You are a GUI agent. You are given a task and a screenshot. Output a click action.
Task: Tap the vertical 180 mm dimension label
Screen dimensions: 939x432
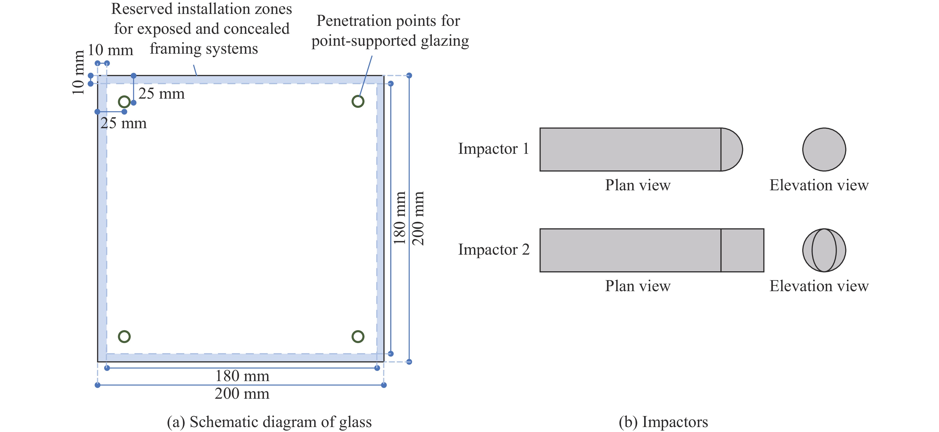pos(400,218)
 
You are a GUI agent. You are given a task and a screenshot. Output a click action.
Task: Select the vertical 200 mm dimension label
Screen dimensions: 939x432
pos(418,218)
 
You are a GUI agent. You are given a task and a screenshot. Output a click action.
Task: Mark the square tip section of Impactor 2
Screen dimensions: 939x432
pos(743,250)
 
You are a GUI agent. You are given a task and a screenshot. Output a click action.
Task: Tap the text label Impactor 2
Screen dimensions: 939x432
pos(494,250)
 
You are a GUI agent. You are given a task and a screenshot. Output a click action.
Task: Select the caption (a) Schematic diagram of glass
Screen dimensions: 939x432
pos(269,422)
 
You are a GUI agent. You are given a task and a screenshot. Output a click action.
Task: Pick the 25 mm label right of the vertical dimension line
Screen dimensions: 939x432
pos(161,94)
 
